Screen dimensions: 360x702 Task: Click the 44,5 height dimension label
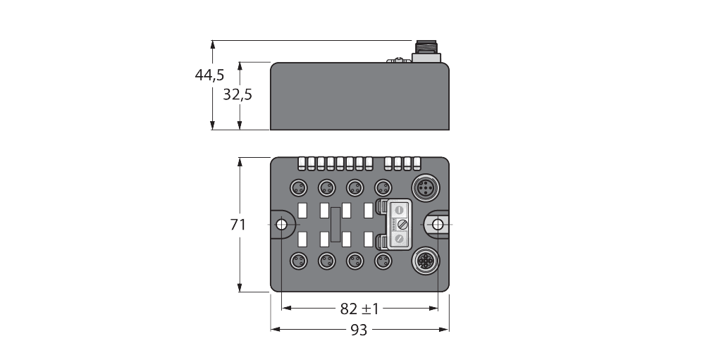[209, 75]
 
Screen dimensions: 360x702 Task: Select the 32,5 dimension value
[238, 94]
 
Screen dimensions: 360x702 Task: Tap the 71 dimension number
[238, 225]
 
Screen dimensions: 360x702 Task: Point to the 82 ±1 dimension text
[359, 309]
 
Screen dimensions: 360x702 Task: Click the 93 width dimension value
[359, 330]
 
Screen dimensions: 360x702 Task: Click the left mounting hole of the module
[281, 225]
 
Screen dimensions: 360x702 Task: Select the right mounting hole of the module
[438, 225]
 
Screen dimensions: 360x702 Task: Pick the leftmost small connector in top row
[298, 187]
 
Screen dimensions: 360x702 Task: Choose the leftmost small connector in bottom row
[298, 262]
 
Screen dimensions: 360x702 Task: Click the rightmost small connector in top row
[383, 187]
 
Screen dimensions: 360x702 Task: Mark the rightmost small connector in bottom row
[383, 262]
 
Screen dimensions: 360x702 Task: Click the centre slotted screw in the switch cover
[399, 224]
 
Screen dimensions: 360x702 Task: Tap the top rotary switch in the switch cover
[399, 209]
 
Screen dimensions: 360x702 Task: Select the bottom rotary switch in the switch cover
[399, 240]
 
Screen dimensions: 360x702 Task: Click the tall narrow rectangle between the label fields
[335, 225]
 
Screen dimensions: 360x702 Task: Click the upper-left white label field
[303, 210]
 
